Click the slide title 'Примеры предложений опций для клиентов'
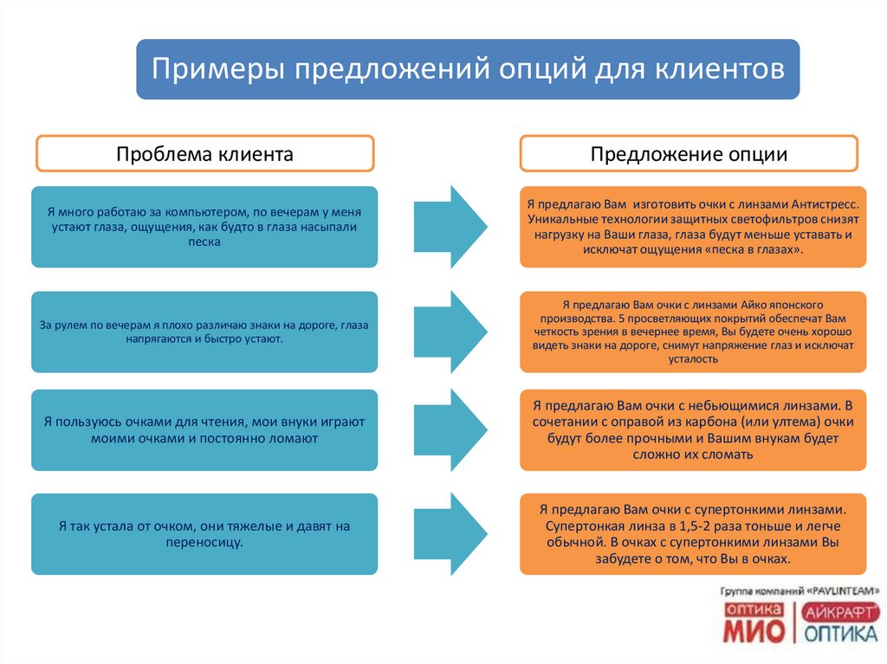click(x=468, y=69)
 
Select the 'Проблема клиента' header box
click(x=204, y=154)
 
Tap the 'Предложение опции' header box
click(x=689, y=154)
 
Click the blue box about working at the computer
click(x=204, y=227)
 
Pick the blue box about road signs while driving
click(x=204, y=332)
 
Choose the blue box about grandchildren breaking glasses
click(x=204, y=430)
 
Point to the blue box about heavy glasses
click(x=204, y=534)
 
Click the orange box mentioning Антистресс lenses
click(x=693, y=227)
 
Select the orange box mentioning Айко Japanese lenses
click(x=693, y=332)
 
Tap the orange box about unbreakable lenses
click(x=693, y=430)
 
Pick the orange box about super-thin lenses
click(x=693, y=534)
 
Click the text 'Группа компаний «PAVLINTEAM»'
click(x=800, y=590)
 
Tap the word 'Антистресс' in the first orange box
click(x=824, y=205)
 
